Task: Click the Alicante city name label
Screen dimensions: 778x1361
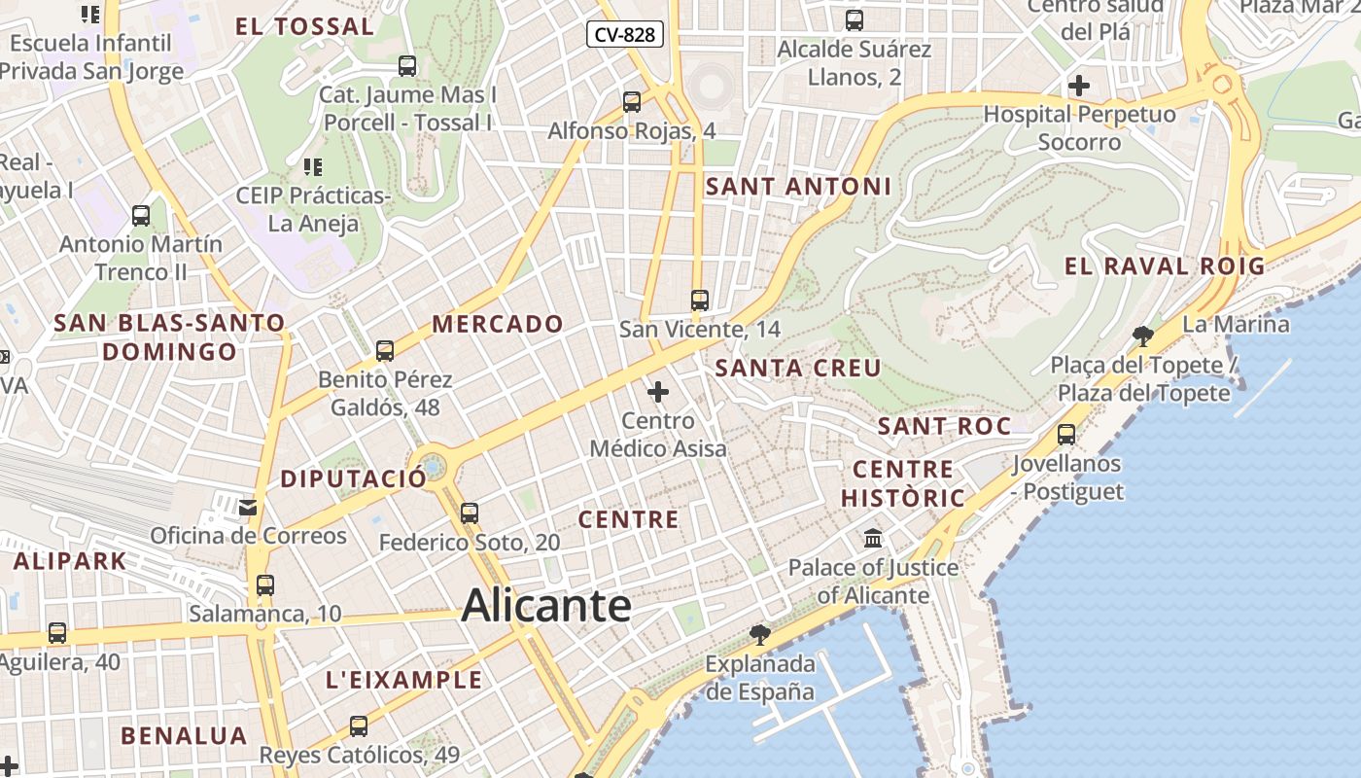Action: (x=546, y=606)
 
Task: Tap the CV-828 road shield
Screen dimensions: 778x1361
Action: (x=625, y=35)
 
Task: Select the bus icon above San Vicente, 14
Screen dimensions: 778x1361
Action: (x=699, y=301)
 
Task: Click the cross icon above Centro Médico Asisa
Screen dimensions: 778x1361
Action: (x=658, y=392)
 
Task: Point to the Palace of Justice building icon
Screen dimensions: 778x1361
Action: (x=873, y=538)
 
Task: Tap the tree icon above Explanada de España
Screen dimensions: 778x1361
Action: (x=760, y=635)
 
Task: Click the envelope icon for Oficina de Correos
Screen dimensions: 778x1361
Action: (x=248, y=507)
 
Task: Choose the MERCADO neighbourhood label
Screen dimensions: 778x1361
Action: (x=498, y=324)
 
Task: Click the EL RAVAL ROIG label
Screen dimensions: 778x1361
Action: (x=1165, y=266)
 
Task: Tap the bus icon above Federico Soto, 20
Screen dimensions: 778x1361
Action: (x=470, y=513)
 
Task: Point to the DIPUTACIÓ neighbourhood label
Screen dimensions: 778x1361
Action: (x=354, y=478)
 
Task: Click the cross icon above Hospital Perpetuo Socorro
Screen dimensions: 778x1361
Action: (x=1078, y=86)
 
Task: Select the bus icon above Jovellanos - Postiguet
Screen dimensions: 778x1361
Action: (x=1066, y=435)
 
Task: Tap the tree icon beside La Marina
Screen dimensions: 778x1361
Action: (x=1143, y=336)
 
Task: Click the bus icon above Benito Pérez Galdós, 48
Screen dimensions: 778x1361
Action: (x=385, y=351)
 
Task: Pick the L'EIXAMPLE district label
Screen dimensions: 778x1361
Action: (x=404, y=680)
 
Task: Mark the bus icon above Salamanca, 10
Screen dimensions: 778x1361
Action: (x=265, y=585)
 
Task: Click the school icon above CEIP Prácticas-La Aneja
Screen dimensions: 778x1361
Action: (x=312, y=167)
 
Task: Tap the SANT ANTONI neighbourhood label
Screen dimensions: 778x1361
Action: (x=798, y=186)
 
